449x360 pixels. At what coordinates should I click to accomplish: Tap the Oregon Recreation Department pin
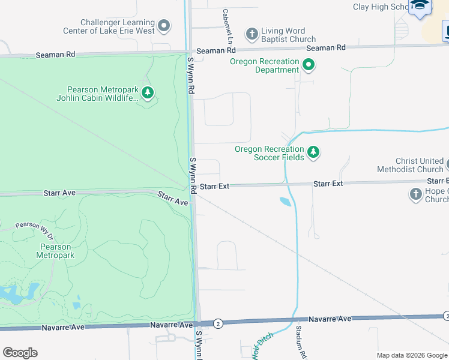(309, 64)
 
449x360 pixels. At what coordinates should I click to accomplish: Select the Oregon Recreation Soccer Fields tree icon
(313, 152)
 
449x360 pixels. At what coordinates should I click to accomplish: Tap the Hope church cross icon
(416, 194)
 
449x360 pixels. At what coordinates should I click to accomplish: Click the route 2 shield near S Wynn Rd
(218, 323)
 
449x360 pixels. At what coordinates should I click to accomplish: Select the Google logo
(20, 353)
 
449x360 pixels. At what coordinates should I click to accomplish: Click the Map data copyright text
(412, 355)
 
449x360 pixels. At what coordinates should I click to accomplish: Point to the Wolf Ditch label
(262, 345)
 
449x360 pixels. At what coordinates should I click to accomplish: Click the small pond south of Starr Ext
(285, 202)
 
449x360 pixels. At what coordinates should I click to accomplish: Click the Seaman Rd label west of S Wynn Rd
(55, 54)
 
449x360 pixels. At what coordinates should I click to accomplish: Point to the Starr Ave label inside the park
(59, 193)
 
